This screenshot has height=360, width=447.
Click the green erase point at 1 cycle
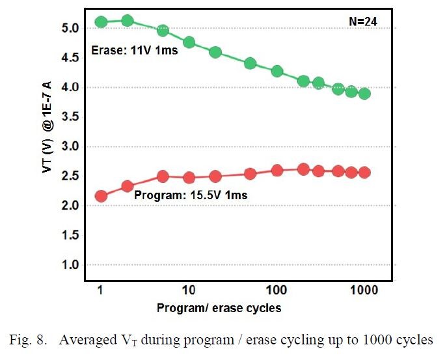coord(101,22)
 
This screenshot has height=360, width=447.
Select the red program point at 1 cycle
coord(101,196)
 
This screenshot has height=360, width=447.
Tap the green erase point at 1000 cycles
coord(364,93)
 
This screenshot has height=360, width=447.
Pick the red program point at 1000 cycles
coord(364,173)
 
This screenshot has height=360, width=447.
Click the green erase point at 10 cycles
coord(189,42)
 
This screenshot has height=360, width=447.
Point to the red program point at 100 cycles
coord(277,171)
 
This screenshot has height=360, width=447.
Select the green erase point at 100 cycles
coord(277,71)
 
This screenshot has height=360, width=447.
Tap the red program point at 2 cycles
coord(128,186)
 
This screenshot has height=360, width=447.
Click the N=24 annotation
coord(363,21)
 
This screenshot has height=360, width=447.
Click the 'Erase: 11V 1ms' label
coord(133,50)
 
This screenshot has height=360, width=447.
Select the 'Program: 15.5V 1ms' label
coord(191,195)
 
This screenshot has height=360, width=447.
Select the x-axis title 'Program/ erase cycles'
coord(219,308)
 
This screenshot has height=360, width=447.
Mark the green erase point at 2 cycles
coord(128,21)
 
